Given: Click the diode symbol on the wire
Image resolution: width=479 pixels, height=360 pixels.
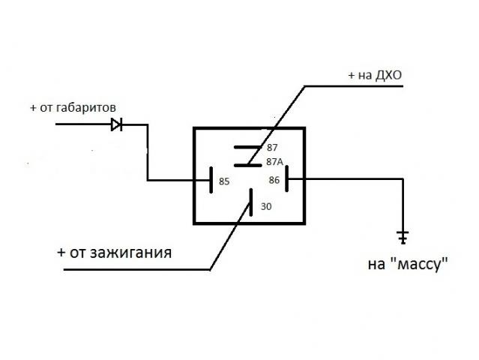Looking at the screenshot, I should coord(117,124).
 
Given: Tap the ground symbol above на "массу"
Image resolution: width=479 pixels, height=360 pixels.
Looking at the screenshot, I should coord(403,238).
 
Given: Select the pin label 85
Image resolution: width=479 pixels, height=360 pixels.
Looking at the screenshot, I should coord(223,181).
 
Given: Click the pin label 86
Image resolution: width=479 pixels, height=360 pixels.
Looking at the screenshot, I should coord(274,180).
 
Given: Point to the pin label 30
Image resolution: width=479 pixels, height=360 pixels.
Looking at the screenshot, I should coord(267,206).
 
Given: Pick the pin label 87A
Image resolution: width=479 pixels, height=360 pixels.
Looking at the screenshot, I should coord(274,161).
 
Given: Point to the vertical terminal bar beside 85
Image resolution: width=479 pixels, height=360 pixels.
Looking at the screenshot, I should coord(211,180).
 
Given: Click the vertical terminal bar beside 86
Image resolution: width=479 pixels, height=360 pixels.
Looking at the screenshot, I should coord(286,180).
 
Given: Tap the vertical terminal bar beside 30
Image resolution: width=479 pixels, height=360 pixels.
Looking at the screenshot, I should coord(250,205).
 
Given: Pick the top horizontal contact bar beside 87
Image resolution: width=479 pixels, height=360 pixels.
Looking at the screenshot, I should coord(247,148).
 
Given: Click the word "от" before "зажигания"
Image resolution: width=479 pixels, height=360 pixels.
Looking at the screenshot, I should coord(77,252).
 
